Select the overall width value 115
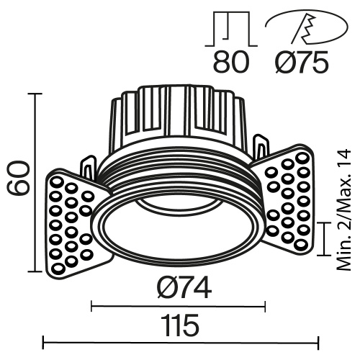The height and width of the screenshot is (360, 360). tap(179, 326)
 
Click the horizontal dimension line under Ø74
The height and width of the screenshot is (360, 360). tap(179, 307)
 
